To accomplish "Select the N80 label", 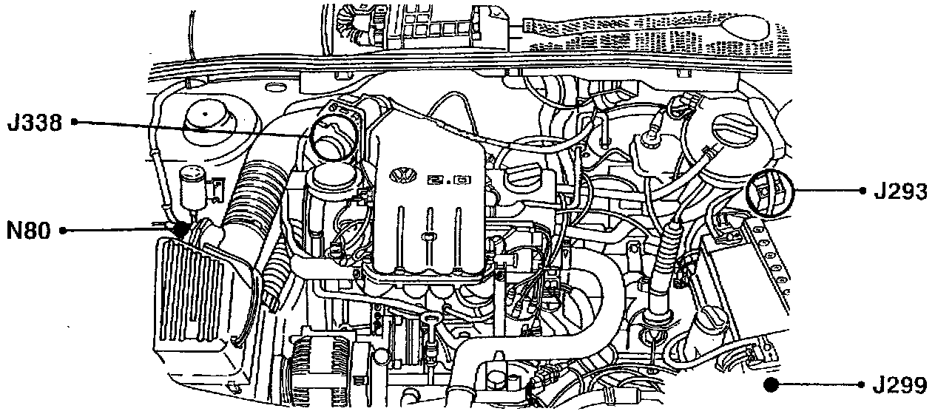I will pyautogui.click(x=29, y=231).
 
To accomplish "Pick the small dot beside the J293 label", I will pyautogui.click(x=863, y=191).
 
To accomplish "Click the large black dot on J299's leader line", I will pyautogui.click(x=772, y=384).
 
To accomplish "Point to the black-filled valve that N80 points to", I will pyautogui.click(x=181, y=228).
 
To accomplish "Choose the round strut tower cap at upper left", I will pyautogui.click(x=206, y=118).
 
